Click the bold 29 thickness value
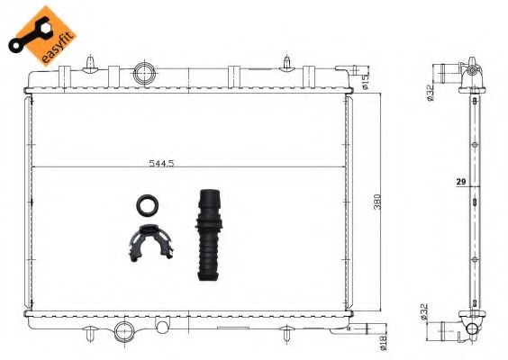tap(459, 182)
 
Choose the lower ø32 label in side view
tap(423, 314)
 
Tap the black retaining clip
tap(145, 240)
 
